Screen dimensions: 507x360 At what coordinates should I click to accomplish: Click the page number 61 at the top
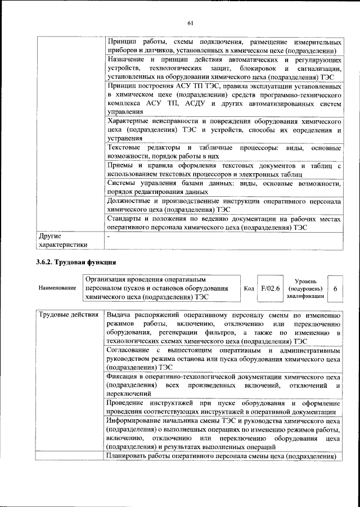pos(190,22)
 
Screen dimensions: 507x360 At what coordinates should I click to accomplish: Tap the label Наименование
pos(57,288)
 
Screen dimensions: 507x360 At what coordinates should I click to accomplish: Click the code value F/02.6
pos(271,287)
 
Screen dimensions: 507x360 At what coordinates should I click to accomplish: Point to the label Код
pos(249,288)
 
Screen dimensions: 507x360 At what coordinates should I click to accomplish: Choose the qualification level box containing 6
pos(335,288)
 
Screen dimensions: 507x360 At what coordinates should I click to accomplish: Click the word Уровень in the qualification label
pos(309,280)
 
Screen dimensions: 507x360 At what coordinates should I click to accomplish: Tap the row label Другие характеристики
pos(62,240)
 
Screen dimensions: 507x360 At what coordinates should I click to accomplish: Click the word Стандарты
pos(125,218)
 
